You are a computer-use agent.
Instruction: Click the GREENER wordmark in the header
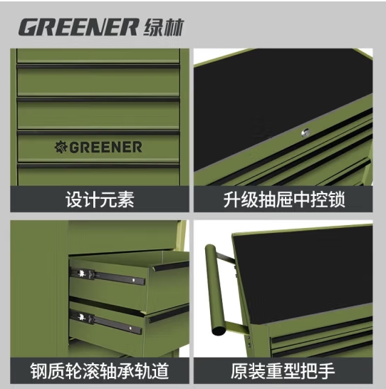[x=78, y=27]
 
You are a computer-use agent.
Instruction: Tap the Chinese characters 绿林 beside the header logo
[x=164, y=27]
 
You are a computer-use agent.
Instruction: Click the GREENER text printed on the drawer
[x=105, y=147]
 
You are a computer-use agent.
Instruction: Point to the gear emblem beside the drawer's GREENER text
[x=61, y=147]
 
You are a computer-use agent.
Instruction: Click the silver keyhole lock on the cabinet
[x=306, y=133]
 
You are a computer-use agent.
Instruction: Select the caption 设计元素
[x=100, y=199]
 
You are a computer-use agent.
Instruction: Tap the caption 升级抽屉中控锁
[x=283, y=199]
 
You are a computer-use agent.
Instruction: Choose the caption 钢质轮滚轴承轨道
[x=100, y=371]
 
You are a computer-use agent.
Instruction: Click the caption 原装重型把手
[x=283, y=371]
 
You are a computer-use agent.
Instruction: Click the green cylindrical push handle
[x=214, y=289]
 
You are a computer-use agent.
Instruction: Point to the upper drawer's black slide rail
[x=107, y=276]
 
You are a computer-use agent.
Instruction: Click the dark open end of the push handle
[x=219, y=331]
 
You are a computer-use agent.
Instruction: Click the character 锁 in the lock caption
[x=336, y=199]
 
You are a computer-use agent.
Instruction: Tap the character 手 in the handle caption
[x=326, y=371]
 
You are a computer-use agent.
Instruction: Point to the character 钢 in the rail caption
[x=39, y=371]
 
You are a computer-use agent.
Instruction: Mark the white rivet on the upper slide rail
[x=134, y=280]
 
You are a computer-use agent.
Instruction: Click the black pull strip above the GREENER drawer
[x=99, y=133]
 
